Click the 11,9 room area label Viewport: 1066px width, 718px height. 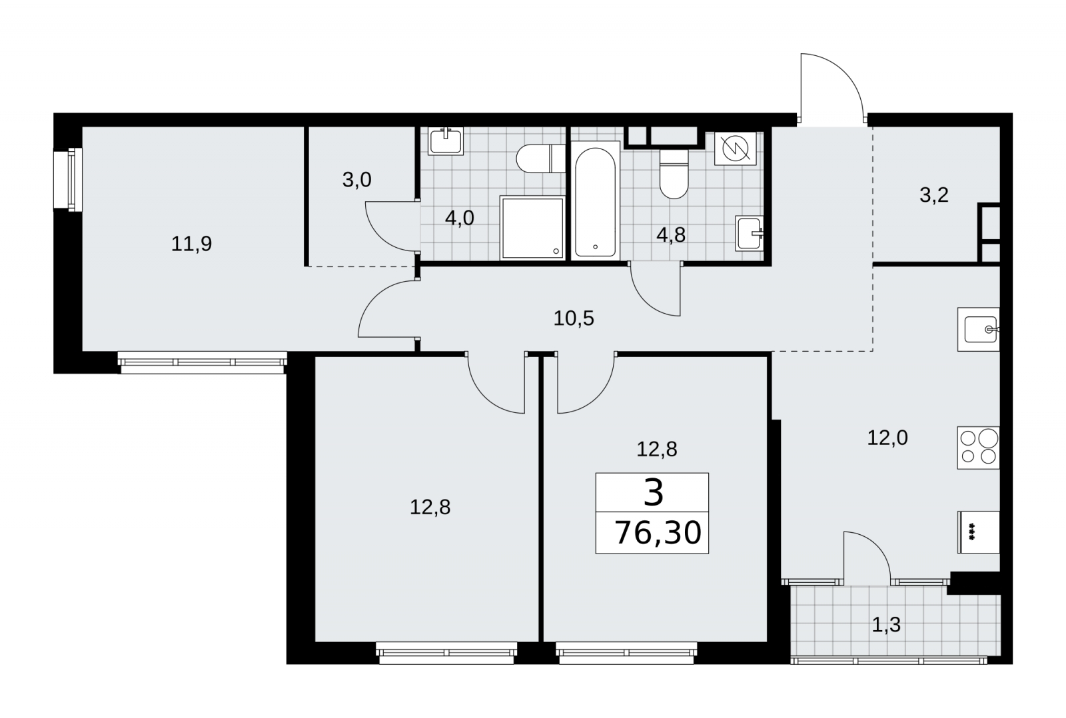(191, 244)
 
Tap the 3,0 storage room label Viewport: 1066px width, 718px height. (357, 180)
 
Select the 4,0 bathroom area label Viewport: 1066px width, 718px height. (460, 218)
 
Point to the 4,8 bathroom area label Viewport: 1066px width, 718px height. (671, 235)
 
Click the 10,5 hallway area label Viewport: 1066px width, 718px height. (574, 318)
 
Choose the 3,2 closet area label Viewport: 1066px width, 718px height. (934, 195)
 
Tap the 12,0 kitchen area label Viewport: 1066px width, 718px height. (887, 438)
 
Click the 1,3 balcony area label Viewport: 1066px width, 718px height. (887, 625)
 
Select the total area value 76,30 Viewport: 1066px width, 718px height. (658, 532)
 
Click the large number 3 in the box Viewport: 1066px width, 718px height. (654, 493)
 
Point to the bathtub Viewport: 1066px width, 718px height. (596, 200)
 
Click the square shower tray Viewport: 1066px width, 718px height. (532, 228)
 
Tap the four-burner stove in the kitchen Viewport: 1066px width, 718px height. (979, 448)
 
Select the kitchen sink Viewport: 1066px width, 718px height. (979, 329)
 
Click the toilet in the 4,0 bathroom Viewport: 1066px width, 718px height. (541, 159)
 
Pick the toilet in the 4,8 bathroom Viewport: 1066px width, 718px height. (674, 174)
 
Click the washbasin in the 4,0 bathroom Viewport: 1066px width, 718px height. (446, 141)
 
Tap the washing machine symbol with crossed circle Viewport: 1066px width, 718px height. (736, 149)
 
